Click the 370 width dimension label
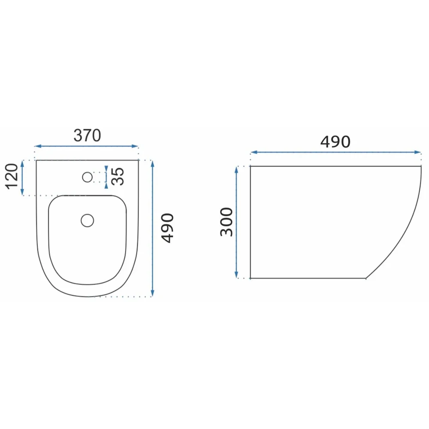[x=87, y=136]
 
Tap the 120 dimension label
[x=12, y=176]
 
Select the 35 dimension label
[x=118, y=176]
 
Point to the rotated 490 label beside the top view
[x=167, y=228]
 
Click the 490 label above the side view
[x=335, y=142]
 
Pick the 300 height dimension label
[x=227, y=222]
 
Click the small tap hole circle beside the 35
[x=87, y=177]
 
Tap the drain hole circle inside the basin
[x=87, y=221]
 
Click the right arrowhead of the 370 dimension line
[x=135, y=146]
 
